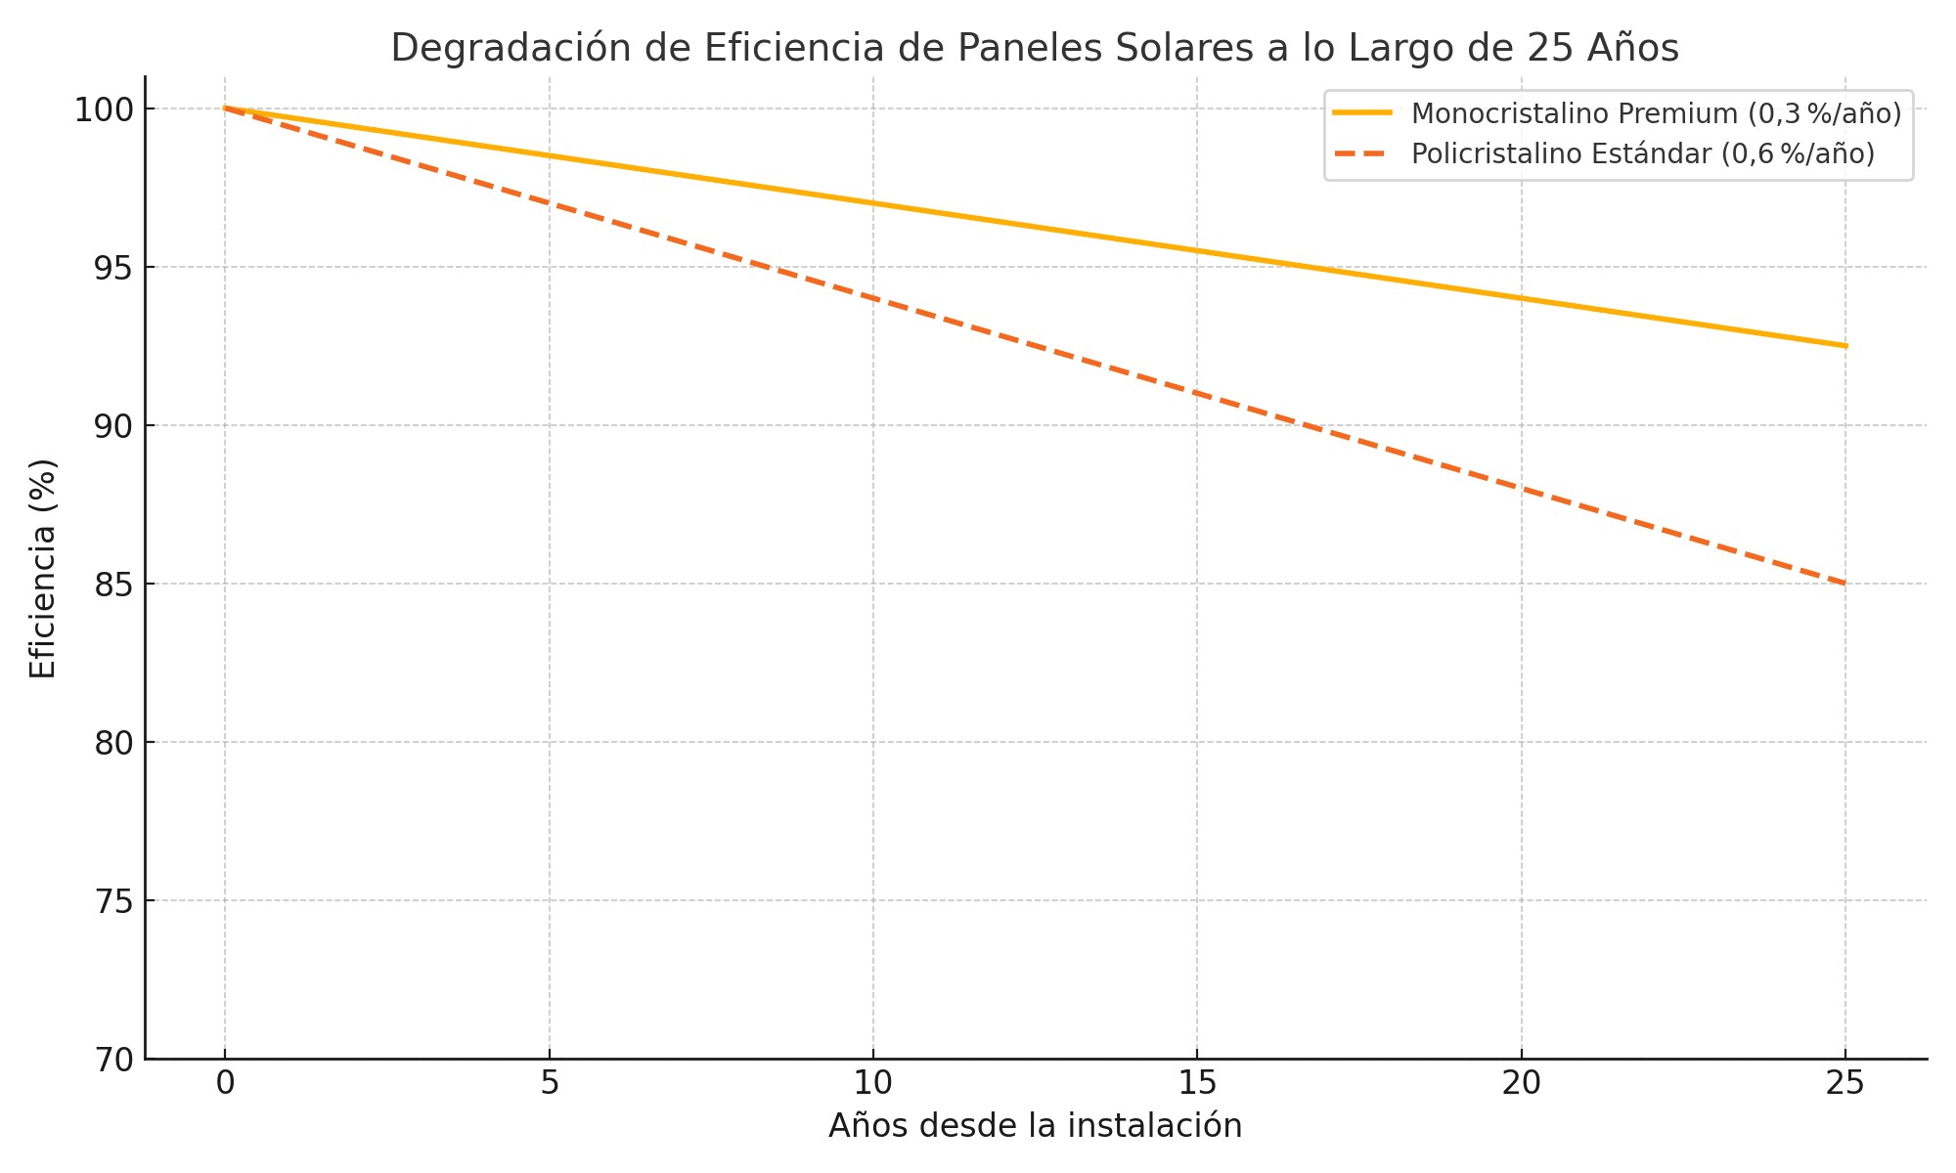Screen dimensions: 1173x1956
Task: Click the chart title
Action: point(1035,48)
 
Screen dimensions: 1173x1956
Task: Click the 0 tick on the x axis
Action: point(225,1083)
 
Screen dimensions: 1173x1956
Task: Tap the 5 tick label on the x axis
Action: point(550,1083)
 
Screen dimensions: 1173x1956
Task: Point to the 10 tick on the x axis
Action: point(873,1083)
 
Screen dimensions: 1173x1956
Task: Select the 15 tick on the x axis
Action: point(1197,1083)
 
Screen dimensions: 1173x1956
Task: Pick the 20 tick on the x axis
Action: point(1521,1083)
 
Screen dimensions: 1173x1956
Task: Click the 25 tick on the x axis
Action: point(1845,1083)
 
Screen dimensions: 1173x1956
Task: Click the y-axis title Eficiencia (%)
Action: point(43,568)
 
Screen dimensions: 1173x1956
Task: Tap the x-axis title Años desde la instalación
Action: point(1035,1126)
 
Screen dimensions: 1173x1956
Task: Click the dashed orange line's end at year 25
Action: point(1845,584)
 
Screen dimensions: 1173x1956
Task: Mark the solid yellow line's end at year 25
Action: point(1845,346)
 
